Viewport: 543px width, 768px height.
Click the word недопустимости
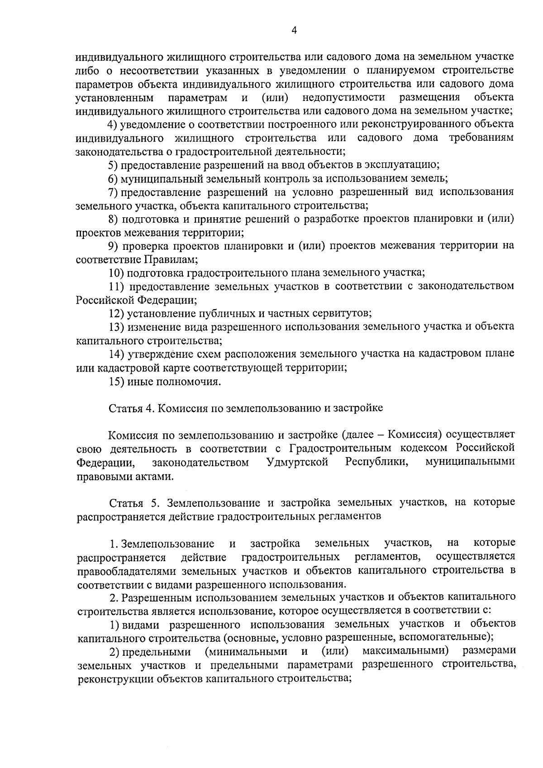pos(344,97)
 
